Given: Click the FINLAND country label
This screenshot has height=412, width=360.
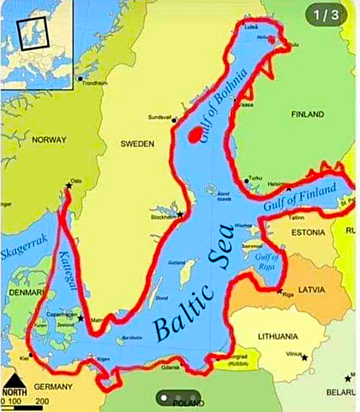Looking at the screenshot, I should (307, 114).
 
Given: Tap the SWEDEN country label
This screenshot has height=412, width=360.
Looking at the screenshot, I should (137, 144).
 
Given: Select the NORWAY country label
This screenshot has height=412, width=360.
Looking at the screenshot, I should (49, 140).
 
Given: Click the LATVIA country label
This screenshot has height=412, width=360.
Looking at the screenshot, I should (312, 290).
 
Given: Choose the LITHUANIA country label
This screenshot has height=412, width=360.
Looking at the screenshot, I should (278, 336).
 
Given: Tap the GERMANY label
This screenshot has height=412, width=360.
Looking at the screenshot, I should (53, 386).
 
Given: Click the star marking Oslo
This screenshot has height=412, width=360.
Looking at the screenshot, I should (69, 186).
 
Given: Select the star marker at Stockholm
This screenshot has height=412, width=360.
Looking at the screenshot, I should (180, 215).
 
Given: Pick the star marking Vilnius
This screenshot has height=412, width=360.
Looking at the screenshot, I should (305, 357).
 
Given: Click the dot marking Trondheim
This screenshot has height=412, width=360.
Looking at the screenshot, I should (80, 79).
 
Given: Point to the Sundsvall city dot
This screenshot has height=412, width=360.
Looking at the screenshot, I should (174, 120).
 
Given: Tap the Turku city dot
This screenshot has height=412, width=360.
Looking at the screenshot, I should (246, 181).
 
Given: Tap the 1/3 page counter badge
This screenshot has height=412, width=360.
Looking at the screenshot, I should (323, 15).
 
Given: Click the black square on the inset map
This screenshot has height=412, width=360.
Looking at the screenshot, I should (33, 33).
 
